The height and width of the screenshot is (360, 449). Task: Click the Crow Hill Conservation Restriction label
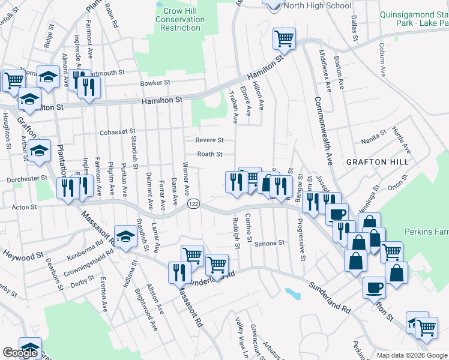[181, 19]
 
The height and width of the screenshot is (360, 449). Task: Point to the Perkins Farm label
[426, 230]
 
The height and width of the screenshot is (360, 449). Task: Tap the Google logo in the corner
[20, 353]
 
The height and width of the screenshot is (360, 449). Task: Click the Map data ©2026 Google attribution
[412, 355]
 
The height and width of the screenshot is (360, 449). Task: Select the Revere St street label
[209, 140]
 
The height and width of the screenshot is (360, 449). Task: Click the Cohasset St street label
[118, 131]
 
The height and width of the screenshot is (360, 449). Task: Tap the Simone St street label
[268, 243]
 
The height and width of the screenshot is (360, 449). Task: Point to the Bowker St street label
[155, 83]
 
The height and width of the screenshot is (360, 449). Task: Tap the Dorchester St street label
[27, 178]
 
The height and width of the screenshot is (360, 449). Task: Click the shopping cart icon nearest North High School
[284, 38]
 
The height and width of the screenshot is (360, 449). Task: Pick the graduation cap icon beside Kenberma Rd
[126, 238]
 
